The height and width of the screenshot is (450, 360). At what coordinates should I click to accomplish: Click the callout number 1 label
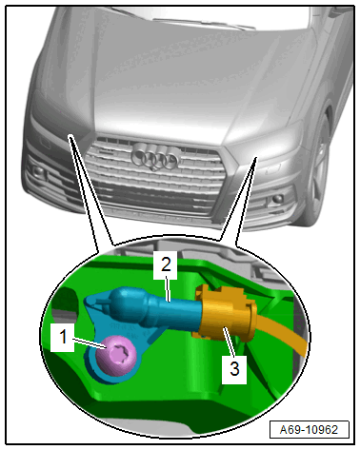pos(63,337)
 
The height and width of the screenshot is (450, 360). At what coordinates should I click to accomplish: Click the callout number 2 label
pos(166,264)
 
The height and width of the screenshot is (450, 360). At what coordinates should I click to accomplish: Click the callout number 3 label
pos(234,369)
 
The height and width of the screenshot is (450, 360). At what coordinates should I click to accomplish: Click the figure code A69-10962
pos(309,430)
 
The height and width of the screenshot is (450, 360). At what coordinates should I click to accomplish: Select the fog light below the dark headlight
pos(39,171)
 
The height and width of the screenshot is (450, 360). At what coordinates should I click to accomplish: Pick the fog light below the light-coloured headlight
pos(277,199)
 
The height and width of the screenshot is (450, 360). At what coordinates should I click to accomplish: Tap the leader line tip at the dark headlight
pos(70,136)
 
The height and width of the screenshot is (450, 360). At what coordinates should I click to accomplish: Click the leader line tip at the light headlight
pos(255,158)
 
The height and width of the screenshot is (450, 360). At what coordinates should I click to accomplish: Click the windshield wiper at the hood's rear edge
pos(203,24)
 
